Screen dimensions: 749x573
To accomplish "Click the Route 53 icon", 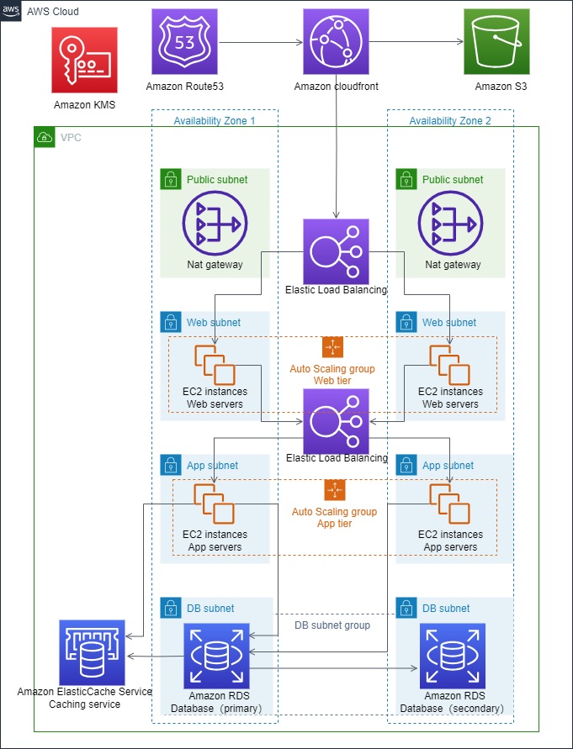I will click(x=184, y=42).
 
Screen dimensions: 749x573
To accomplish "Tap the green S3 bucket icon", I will click(x=496, y=42).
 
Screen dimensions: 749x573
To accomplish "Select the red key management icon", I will click(x=84, y=60).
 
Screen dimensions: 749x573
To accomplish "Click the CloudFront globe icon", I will click(x=336, y=42).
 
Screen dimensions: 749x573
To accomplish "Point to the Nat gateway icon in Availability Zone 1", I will click(x=215, y=224).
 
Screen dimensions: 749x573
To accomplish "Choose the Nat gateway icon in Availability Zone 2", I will click(x=450, y=224).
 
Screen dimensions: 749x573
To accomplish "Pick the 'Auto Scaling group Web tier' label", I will click(x=332, y=375).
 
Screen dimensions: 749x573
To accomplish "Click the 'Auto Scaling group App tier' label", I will click(x=334, y=517).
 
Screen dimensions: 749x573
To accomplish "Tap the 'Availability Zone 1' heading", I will click(x=214, y=121).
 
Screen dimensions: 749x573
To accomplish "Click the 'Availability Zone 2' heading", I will click(x=449, y=121).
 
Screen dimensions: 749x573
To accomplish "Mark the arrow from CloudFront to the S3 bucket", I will click(x=416, y=42).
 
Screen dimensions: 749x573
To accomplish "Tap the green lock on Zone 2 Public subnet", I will click(x=406, y=178).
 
